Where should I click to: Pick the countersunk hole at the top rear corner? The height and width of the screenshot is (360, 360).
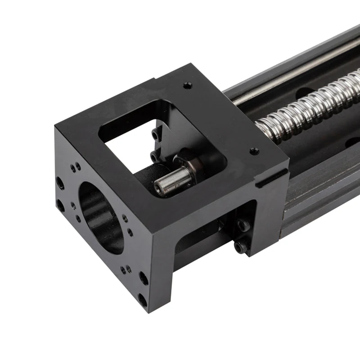tap(186, 84)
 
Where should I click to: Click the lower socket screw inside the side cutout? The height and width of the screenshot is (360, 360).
tap(241, 246)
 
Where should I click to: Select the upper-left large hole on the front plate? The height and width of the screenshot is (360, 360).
tap(59, 182)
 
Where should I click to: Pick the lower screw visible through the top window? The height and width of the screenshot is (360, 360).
tap(154, 156)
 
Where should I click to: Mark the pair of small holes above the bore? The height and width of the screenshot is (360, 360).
tap(75, 167)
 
